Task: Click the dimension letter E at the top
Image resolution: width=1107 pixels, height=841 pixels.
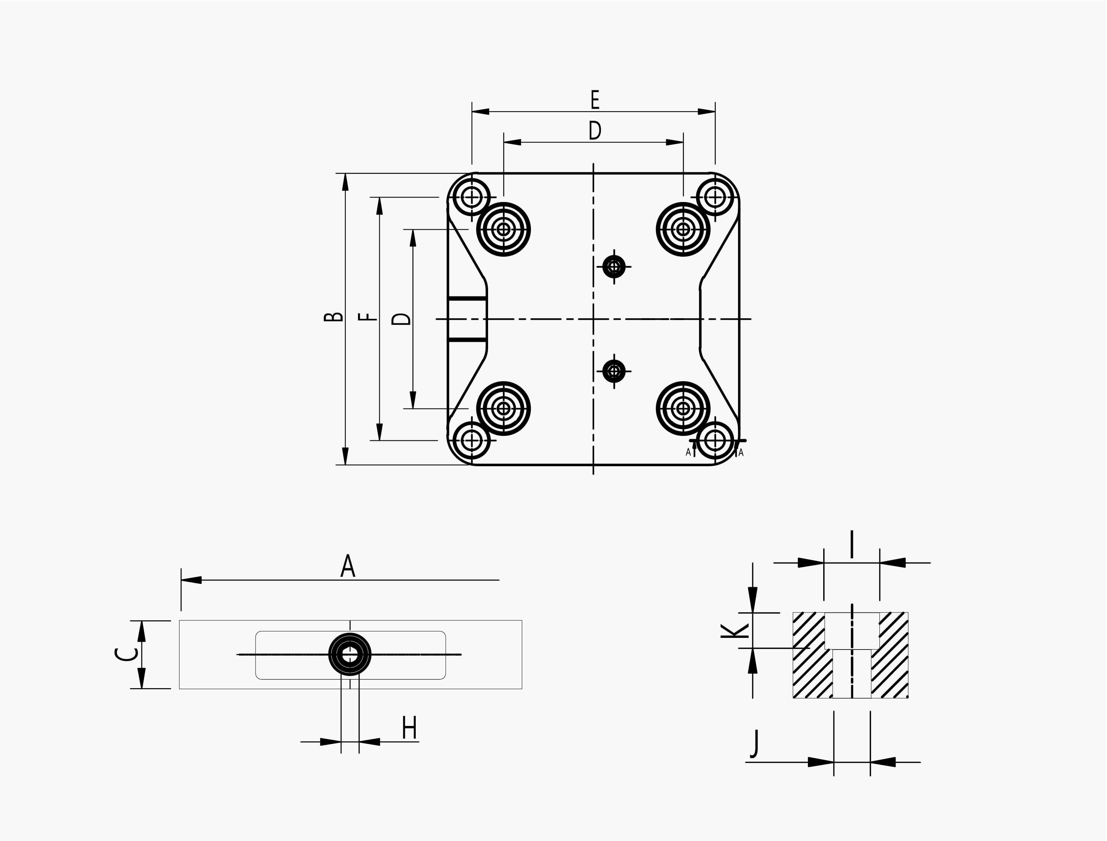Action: (595, 100)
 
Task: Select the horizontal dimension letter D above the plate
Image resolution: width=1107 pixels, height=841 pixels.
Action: (595, 131)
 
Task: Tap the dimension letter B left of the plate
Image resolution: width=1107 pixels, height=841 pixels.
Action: (334, 316)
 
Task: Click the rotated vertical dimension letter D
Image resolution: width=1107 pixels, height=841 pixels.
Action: (401, 319)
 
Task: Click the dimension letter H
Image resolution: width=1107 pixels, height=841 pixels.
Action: (410, 728)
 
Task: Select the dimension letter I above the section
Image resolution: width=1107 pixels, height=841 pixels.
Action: (852, 545)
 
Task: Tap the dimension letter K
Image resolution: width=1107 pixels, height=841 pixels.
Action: (734, 631)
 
